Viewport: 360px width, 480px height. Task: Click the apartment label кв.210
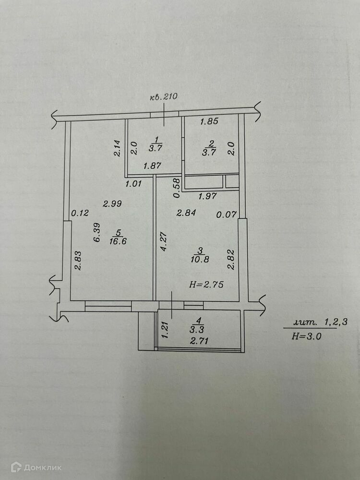coord(164,96)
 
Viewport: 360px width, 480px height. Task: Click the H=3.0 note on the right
coord(306,336)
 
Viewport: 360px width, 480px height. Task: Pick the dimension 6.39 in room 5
coord(96,232)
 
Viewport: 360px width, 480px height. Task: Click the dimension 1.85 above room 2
coord(209,121)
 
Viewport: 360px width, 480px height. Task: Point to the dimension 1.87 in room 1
coord(153,166)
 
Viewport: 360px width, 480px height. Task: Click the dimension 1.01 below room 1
coord(134,183)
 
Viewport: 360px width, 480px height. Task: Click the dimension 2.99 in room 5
coord(112,204)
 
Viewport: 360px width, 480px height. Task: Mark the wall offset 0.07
coord(227,215)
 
